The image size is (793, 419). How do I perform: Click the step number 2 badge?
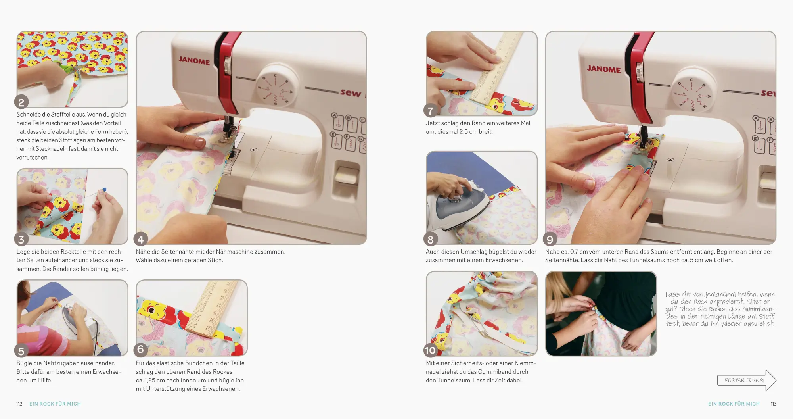[x=21, y=102]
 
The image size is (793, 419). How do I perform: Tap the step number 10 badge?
[x=430, y=350]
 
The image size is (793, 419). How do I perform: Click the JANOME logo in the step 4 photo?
[x=194, y=60]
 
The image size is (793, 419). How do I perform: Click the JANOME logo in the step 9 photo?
[x=603, y=69]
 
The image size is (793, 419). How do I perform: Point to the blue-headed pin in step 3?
[x=104, y=190]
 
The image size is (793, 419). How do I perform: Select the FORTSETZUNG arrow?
[x=747, y=380]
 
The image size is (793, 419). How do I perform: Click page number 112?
[x=19, y=404]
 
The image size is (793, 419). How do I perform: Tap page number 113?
[x=773, y=404]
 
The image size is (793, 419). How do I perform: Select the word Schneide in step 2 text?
[x=28, y=115]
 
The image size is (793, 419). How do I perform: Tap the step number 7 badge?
[x=431, y=111]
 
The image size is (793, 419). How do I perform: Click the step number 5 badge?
[x=21, y=351]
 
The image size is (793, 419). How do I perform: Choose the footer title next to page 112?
[x=55, y=404]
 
